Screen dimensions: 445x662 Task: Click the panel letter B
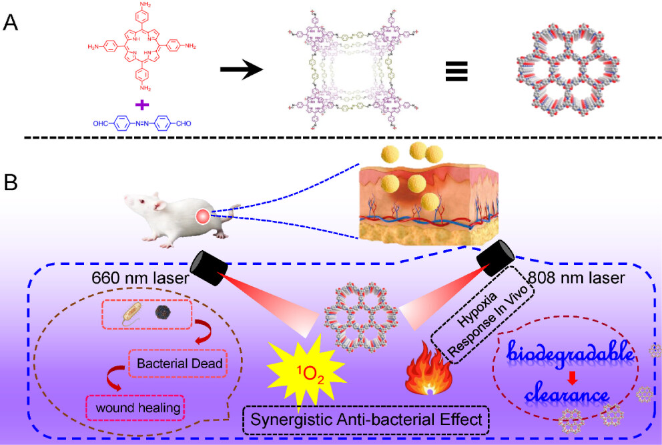(x=11, y=182)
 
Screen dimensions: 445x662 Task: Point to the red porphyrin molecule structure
(x=141, y=48)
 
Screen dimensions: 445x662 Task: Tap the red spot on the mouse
(x=203, y=216)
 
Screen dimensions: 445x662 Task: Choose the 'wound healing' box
(x=135, y=406)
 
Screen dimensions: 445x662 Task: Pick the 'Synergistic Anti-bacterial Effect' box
(x=366, y=420)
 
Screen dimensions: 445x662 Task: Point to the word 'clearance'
(x=566, y=396)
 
